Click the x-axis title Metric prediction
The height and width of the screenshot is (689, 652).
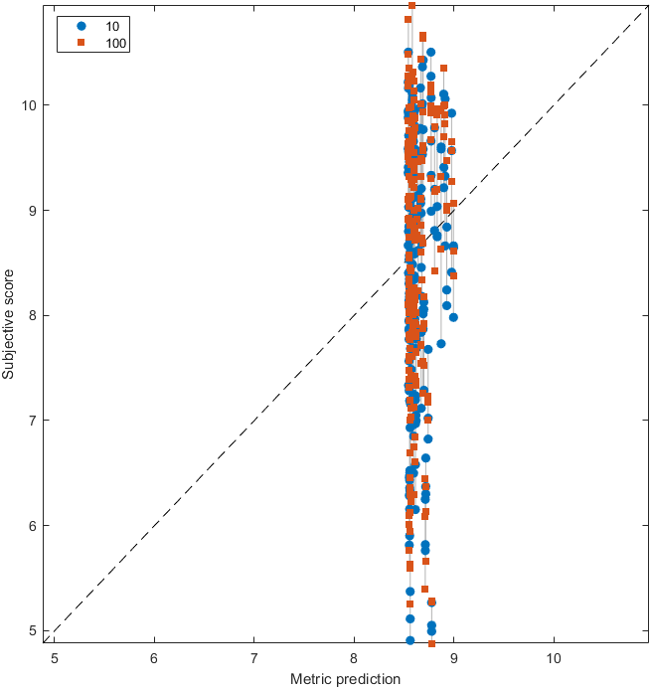[x=345, y=679]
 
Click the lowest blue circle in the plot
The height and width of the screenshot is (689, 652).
[x=409, y=640]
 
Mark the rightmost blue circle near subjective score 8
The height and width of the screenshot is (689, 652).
[x=453, y=317]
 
